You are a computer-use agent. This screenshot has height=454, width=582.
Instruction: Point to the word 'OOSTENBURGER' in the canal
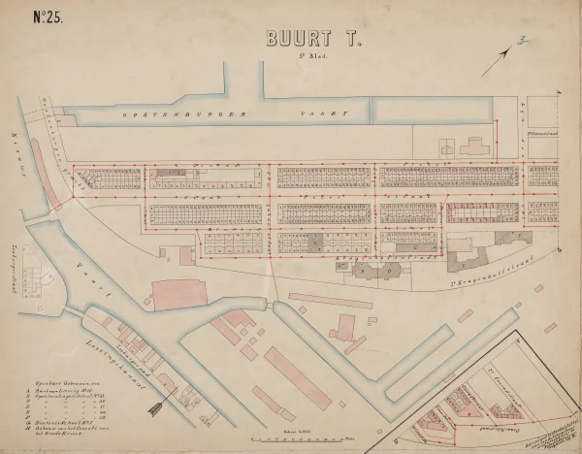[160, 114]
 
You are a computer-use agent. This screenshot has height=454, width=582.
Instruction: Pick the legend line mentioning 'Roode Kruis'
[68, 438]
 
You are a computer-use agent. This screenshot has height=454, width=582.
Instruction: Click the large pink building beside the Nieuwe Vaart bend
[180, 289]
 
